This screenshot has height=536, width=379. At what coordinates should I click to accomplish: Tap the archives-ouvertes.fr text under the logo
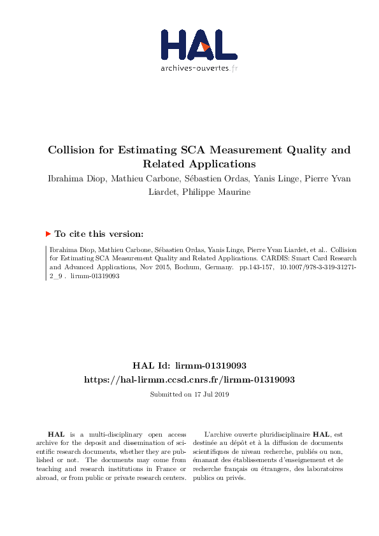199,68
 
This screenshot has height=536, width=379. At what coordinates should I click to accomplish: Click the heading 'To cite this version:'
103,234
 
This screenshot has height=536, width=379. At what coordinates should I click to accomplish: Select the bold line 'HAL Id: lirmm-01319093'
189,365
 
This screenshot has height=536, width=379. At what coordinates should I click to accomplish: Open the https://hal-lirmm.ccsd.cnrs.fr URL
189,379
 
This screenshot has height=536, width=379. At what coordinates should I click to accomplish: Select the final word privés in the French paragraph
236,478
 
